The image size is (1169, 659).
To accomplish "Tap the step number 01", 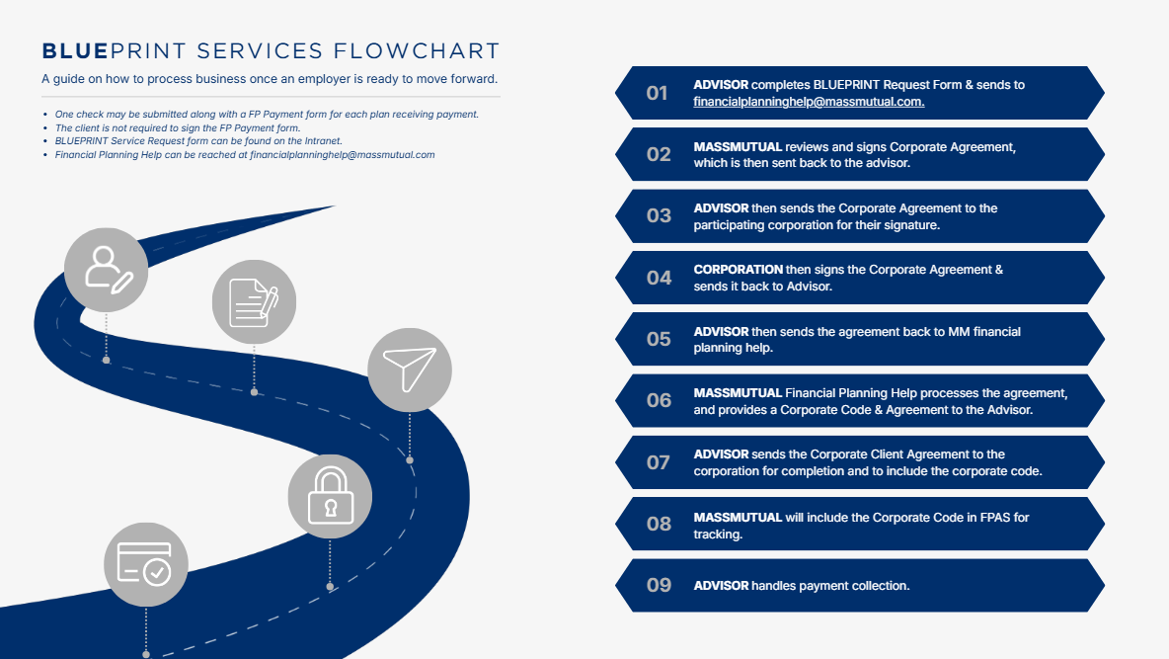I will click(658, 93).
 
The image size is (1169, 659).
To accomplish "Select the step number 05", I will click(658, 339).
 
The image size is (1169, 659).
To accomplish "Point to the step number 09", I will click(659, 585).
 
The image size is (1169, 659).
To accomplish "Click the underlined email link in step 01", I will click(809, 102).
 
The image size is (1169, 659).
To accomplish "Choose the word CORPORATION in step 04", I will click(739, 270).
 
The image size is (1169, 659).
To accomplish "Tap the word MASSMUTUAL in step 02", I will click(738, 147).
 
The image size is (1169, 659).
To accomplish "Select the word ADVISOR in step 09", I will click(721, 586).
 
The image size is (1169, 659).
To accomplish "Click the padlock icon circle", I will click(330, 497).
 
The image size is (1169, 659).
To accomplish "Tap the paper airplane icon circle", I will click(410, 370).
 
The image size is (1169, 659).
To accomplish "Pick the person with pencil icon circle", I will click(106, 269).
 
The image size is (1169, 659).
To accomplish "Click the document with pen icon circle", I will click(254, 303).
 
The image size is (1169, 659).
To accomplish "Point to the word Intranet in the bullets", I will click(318, 141).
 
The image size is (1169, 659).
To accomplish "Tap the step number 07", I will click(658, 462).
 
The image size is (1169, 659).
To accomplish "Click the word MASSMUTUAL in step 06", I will click(738, 393).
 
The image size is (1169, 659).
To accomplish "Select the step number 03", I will click(658, 215).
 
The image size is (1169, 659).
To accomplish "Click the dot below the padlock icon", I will click(330, 586).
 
